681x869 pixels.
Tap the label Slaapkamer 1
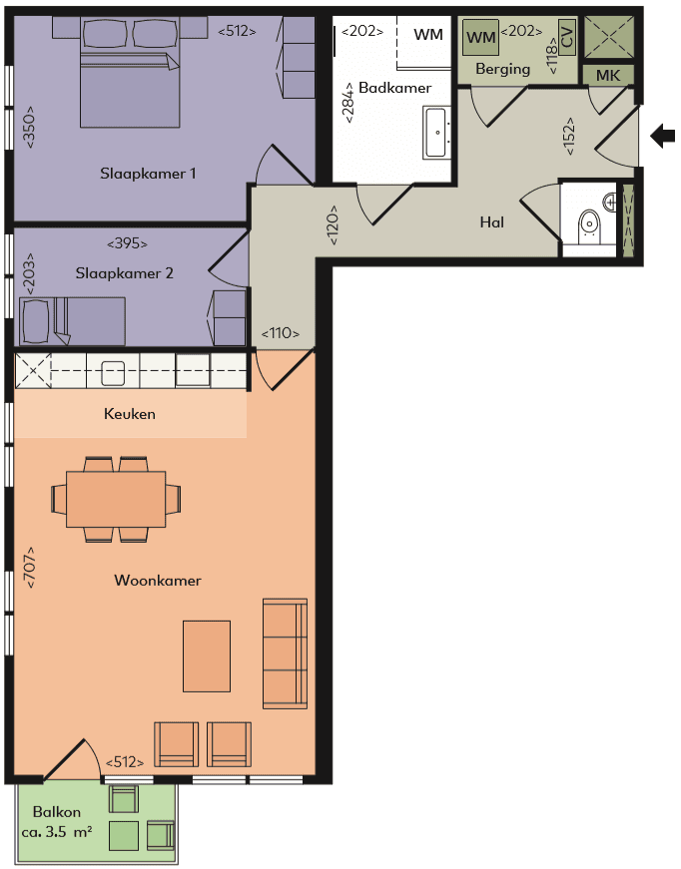(x=148, y=174)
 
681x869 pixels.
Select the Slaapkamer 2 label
(x=125, y=270)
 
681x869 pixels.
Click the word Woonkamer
(x=158, y=580)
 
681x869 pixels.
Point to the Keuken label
(x=130, y=413)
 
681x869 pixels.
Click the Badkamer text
(x=395, y=88)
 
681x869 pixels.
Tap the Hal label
(x=491, y=222)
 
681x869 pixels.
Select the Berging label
(x=503, y=69)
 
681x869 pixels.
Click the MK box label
(x=608, y=76)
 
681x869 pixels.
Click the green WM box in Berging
(x=481, y=38)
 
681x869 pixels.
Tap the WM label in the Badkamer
(x=428, y=35)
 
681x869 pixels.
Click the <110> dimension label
(x=281, y=334)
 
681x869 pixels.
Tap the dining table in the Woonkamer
(x=116, y=498)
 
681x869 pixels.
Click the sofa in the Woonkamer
(x=285, y=653)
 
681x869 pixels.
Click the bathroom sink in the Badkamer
(x=437, y=132)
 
